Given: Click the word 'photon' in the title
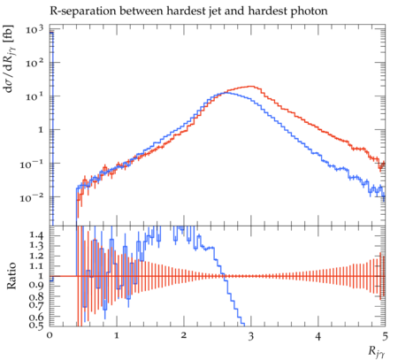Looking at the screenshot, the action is point(309,11).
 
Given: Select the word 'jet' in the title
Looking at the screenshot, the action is point(214,11).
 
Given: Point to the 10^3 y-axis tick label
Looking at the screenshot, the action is point(34,29).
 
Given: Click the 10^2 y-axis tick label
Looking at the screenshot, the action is point(34,62).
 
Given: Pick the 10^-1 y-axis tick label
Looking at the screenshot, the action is point(32,164).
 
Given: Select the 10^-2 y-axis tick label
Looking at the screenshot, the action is point(32,197).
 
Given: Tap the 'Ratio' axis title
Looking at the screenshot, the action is point(11,276).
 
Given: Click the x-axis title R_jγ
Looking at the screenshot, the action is point(376,352).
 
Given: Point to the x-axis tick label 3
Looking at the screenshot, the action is point(251,336).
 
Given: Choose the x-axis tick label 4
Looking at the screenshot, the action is point(318,336).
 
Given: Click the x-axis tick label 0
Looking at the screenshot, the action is point(50,336).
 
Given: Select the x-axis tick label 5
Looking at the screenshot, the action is point(385,336).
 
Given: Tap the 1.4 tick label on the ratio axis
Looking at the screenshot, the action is point(36,235).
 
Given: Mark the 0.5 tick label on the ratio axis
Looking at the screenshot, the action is point(36,326).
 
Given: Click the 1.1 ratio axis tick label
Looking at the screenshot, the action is point(36,265).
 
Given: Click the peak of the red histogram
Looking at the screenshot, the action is point(251,86).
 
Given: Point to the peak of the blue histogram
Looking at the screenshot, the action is point(226,93).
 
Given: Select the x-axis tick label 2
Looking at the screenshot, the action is point(184,336).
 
